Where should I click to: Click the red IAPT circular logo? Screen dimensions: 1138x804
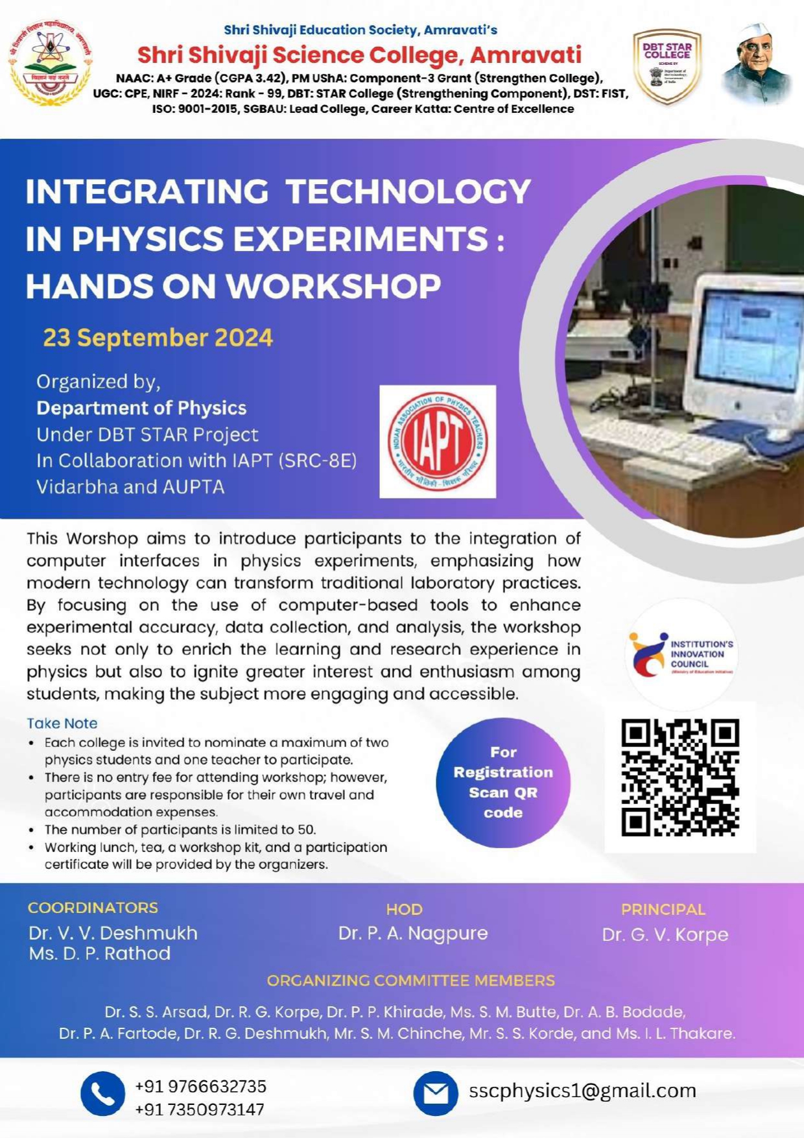coord(438,442)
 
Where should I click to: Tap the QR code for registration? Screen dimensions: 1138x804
coord(680,777)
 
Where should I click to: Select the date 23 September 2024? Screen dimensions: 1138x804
coord(158,338)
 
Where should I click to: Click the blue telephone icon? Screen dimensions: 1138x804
coord(102,1093)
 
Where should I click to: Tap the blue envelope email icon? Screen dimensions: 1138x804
coord(436,1093)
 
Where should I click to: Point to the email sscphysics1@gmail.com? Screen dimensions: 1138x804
coord(582,1091)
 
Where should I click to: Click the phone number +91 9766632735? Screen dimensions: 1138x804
coord(200,1086)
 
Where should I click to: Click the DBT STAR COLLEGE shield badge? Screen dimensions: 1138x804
coord(667,66)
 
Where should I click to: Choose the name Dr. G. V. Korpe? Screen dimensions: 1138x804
coord(665,934)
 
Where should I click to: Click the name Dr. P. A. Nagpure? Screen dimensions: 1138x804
coord(413,933)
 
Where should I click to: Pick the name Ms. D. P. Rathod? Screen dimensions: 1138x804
coord(100,953)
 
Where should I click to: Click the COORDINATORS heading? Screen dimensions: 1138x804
coord(93,908)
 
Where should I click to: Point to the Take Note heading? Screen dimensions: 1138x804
coord(62,723)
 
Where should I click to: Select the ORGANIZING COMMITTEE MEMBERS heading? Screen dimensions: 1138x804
coord(410,980)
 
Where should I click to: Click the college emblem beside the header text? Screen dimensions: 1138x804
coord(50,63)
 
